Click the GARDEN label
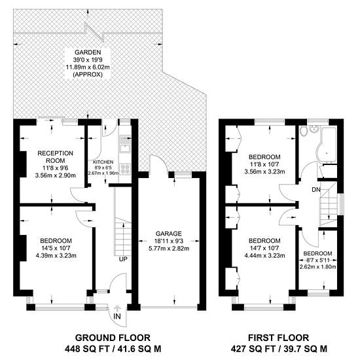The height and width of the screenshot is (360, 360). click(88, 52)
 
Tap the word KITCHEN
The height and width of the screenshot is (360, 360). click(103, 162)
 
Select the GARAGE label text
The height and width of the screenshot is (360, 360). click(169, 234)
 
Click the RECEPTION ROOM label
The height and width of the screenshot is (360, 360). click(56, 157)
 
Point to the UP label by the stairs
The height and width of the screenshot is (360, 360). click(123, 259)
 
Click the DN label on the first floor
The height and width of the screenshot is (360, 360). click(316, 190)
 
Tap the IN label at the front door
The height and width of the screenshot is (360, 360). click(117, 316)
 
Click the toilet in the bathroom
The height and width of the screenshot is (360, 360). click(304, 131)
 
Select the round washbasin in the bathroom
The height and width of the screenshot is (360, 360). click(314, 129)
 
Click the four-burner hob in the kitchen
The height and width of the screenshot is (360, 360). click(125, 169)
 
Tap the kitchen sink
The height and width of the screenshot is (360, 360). click(125, 144)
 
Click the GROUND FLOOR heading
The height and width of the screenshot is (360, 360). click(113, 338)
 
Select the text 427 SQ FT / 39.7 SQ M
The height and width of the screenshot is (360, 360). click(279, 349)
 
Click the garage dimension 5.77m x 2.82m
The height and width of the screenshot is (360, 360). click(169, 249)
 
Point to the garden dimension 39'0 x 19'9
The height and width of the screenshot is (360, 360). click(88, 60)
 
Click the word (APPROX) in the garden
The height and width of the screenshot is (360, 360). click(88, 75)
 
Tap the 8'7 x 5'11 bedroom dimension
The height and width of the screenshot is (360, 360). click(317, 261)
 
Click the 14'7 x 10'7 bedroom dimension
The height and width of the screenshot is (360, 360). click(264, 248)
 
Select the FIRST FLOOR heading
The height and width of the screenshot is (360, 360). click(278, 338)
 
